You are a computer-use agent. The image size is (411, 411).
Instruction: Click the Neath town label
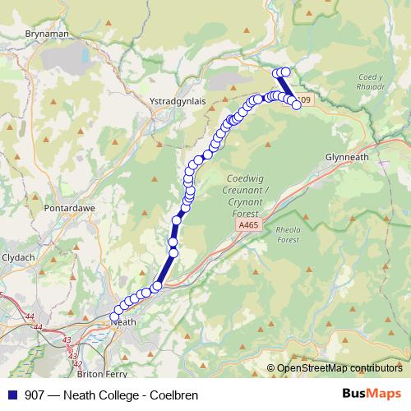point(122,322)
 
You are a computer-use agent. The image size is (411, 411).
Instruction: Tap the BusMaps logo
point(372,394)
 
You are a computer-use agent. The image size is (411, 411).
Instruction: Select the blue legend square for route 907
point(11,395)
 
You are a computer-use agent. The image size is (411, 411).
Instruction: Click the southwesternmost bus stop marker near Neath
point(115,316)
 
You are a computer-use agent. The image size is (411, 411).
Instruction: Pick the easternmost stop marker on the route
point(297,104)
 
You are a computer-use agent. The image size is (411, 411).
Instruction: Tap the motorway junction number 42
point(77,364)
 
